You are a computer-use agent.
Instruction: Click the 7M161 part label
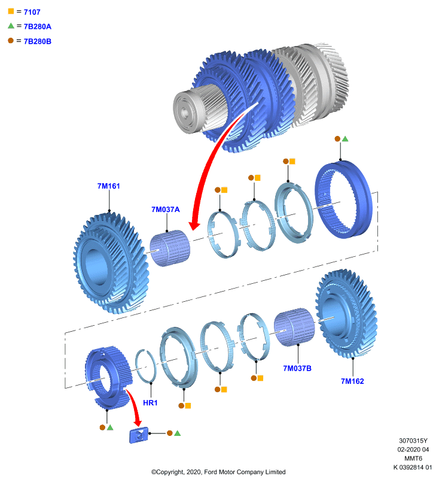click(109, 186)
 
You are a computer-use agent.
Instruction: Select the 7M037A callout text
click(166, 210)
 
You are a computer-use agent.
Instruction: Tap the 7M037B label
click(297, 368)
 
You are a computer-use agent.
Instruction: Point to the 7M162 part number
click(352, 381)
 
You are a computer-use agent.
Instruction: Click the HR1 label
click(150, 403)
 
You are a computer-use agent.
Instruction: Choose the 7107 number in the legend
click(32, 12)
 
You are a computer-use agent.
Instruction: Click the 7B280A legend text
click(38, 26)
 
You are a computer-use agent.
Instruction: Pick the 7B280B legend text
click(38, 41)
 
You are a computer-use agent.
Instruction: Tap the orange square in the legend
click(11, 11)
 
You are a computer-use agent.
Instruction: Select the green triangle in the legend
click(11, 26)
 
